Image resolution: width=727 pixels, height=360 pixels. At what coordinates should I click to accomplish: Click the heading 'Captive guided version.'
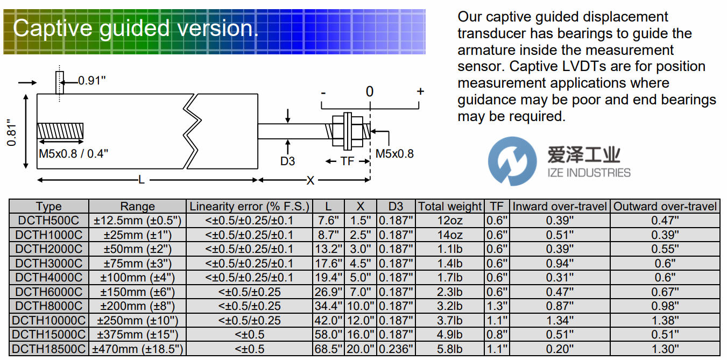[136, 28]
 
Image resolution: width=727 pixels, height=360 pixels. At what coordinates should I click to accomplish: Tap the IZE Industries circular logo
[512, 161]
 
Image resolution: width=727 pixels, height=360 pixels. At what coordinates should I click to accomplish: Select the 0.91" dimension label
[91, 81]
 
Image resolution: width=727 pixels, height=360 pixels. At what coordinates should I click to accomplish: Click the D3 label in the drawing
[288, 161]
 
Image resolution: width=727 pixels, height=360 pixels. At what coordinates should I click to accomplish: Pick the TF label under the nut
[347, 161]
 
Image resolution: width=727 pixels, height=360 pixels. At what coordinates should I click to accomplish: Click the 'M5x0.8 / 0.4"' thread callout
[74, 153]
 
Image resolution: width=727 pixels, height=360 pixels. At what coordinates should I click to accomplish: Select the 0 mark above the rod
[369, 91]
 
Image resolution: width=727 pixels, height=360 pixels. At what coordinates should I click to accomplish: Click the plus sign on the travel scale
[420, 91]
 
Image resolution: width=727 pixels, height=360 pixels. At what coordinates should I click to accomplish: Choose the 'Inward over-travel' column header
[560, 206]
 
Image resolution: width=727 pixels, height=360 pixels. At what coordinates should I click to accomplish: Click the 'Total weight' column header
[450, 206]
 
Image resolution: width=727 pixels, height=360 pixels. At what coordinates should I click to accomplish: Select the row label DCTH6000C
[49, 292]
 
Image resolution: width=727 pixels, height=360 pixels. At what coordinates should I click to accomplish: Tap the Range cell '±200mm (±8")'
[138, 306]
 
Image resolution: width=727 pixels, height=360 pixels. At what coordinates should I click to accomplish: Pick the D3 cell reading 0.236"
[396, 349]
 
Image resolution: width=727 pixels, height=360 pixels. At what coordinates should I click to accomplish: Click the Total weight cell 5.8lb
[450, 349]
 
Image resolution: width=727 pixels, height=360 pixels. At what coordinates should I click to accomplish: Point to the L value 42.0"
[328, 320]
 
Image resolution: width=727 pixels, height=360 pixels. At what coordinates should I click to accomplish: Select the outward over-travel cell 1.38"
[665, 320]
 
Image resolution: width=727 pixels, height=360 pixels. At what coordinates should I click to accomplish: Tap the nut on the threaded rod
[347, 131]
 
